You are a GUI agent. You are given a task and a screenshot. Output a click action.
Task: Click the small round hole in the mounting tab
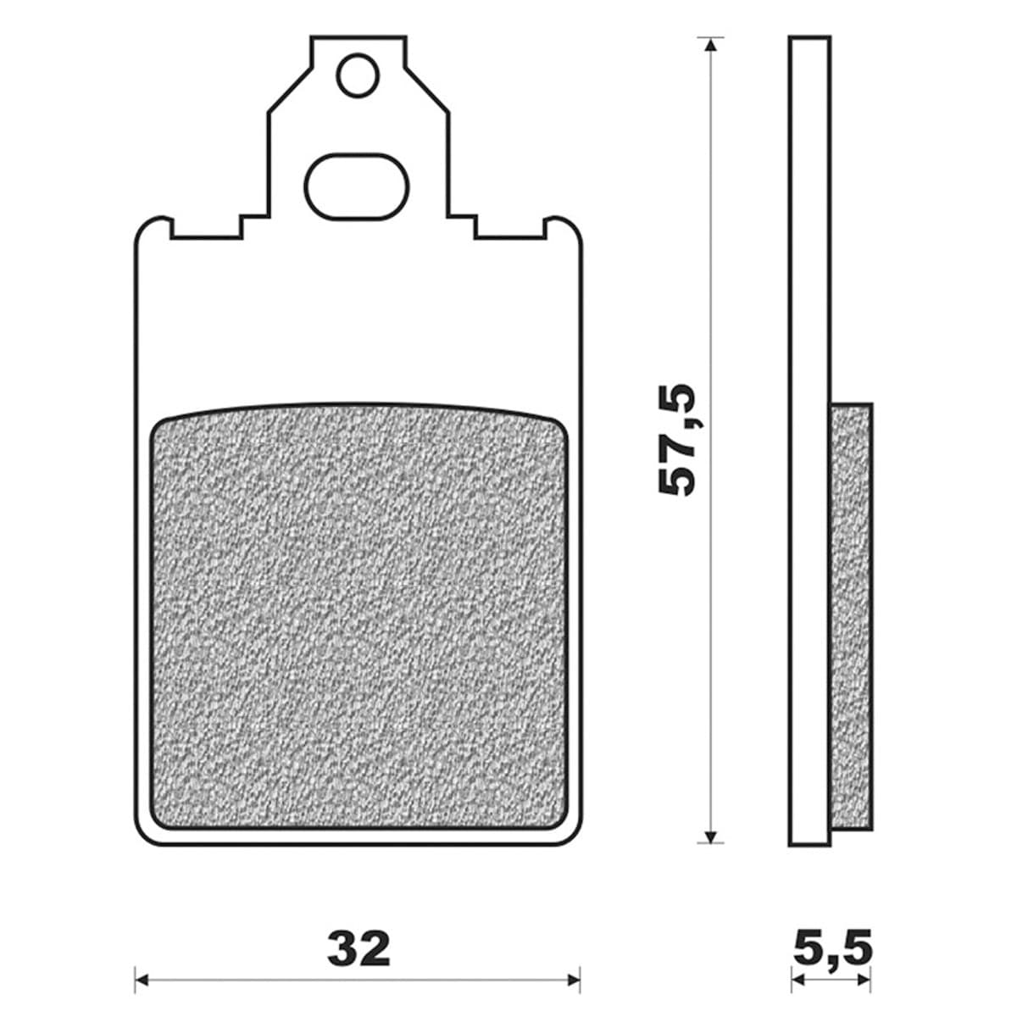point(356,75)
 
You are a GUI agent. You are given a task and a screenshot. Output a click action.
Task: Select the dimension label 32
point(359,949)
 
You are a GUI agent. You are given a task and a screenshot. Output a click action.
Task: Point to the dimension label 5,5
point(833,949)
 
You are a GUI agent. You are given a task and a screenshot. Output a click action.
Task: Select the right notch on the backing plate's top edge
point(508,229)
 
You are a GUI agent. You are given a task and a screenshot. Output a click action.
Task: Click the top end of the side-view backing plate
point(809,39)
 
